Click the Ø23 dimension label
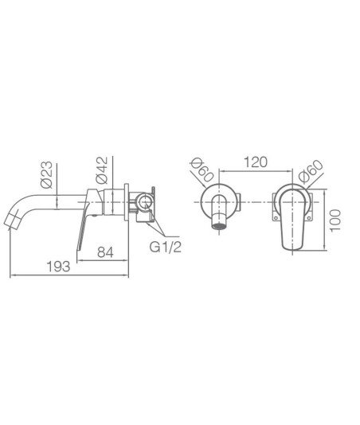46,174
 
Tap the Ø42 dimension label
101,170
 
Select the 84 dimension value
105,252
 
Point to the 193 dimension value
59,267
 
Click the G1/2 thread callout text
165,248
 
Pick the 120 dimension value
256,162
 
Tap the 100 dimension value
335,220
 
